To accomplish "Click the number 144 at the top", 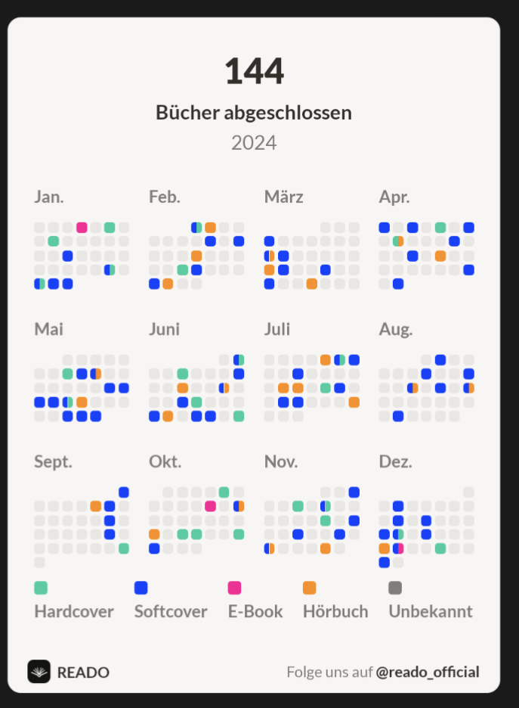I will (254, 72).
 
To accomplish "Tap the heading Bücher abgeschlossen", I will (254, 113).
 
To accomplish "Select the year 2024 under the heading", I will (254, 142).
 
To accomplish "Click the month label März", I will (283, 197).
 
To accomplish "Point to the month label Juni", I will (164, 329).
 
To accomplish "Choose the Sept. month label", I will (53, 461).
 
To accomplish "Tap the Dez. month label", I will (395, 461).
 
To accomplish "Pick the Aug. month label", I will (396, 329).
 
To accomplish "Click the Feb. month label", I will (165, 197).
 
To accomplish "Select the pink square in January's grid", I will (82, 228).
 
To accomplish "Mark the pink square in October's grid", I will (210, 506).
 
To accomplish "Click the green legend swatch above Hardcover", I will (41, 588).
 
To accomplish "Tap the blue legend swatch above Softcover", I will (141, 588).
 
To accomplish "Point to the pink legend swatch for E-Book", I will (234, 588).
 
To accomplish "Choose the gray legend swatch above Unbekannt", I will (395, 588).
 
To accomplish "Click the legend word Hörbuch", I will (335, 611).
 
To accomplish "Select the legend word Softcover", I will (171, 611).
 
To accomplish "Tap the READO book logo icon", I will (39, 672).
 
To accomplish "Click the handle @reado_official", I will (428, 672).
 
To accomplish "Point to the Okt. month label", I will (165, 461).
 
